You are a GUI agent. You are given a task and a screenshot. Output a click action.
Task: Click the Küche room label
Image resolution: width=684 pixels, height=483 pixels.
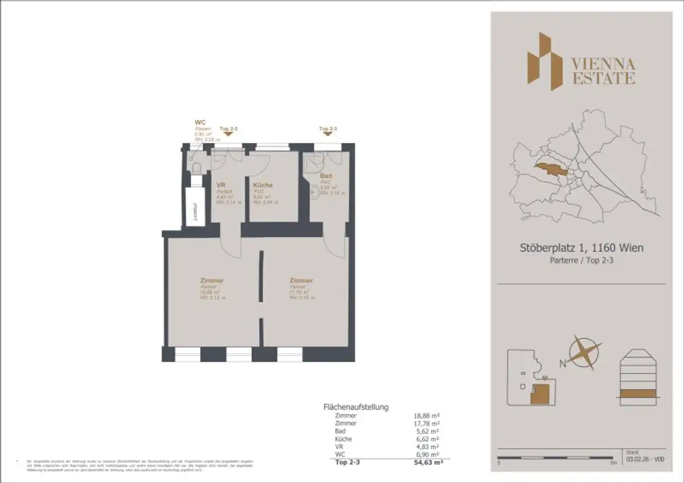263,185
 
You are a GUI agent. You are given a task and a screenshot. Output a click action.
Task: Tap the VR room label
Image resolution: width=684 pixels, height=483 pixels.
220,185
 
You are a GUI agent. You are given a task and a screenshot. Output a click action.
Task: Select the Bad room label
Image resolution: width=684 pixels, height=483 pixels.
326,176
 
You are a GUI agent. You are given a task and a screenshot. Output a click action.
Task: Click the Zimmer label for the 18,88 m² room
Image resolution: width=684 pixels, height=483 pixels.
211,281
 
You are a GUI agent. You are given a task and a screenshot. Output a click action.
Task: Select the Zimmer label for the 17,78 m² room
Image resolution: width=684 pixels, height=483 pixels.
301,281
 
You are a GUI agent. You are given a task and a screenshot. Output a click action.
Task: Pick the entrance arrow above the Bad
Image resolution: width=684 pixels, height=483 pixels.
328,134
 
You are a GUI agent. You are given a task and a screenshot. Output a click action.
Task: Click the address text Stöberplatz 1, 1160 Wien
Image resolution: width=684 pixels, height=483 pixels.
581,248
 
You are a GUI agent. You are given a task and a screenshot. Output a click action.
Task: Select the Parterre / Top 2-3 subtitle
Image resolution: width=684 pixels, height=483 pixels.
581,261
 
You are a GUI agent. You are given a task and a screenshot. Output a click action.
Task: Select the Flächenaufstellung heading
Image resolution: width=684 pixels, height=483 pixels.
355,406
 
